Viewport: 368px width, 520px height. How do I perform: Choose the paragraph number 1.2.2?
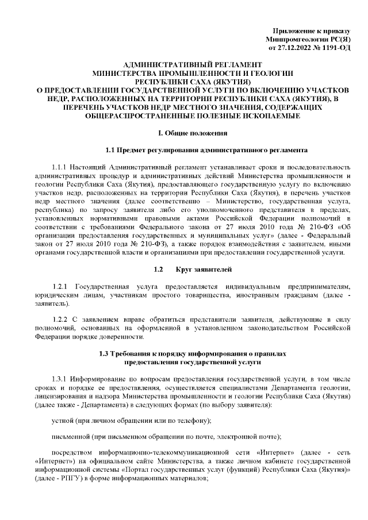point(61,318)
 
